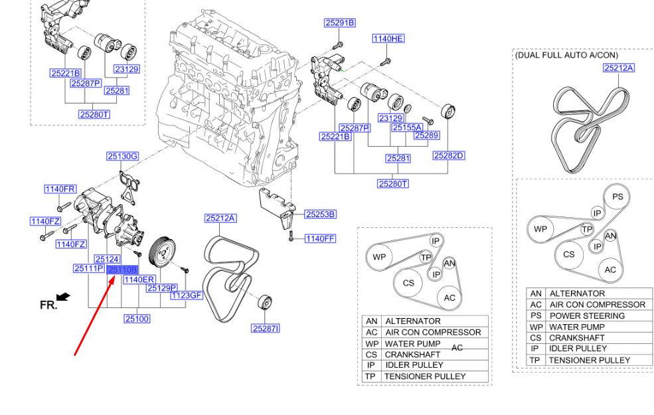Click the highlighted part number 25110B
pos(122,270)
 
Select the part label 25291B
pos(339,23)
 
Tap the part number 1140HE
pos(388,39)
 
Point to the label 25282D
pos(448,155)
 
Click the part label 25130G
pos(122,157)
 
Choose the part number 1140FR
pos(60,189)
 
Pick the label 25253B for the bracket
pos(320,214)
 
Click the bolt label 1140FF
pos(320,238)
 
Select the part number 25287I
pos(266,328)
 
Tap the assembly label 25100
pos(137,319)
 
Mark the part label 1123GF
pos(186,295)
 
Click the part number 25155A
pos(406,127)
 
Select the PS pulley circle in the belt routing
pos(617,197)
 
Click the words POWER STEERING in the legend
pos(587,315)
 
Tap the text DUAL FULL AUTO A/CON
pos(575,56)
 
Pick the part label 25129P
pos(162,288)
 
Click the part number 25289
pos(426,135)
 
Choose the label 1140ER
pos(139,280)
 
